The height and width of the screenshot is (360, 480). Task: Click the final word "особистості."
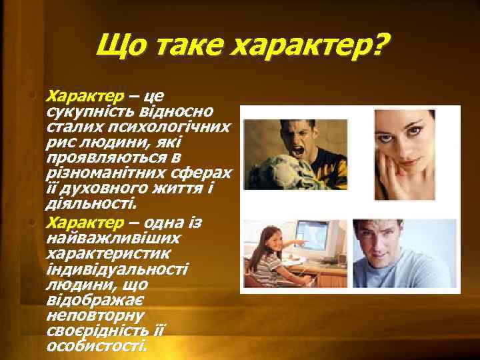click(x=96, y=347)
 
